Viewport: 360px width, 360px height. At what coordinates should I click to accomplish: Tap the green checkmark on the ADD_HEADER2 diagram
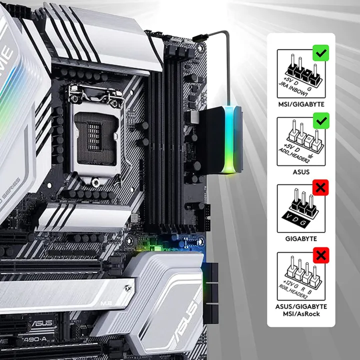point(320,120)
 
